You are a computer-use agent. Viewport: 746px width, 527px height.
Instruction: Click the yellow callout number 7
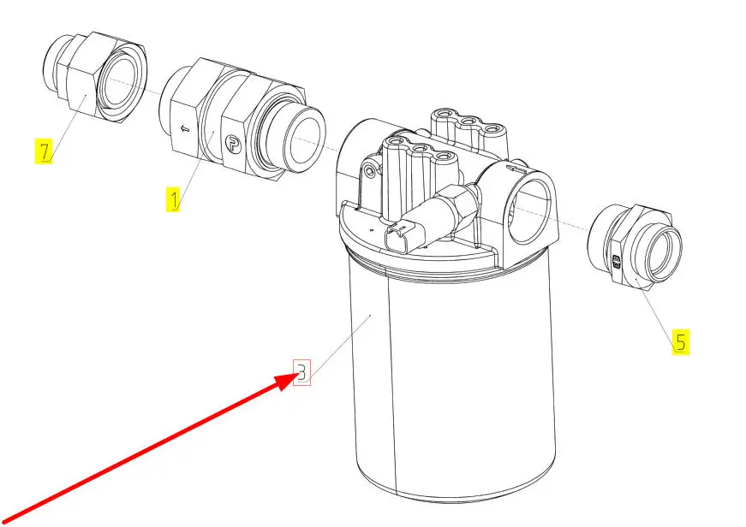click(x=44, y=151)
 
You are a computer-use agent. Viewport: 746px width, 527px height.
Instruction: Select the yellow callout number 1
click(x=173, y=199)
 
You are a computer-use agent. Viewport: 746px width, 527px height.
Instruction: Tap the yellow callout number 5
click(x=680, y=342)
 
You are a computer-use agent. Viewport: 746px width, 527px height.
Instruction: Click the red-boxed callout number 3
click(x=301, y=372)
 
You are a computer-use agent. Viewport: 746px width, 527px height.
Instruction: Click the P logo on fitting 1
click(x=233, y=144)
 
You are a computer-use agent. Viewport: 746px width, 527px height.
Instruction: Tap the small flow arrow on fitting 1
click(x=185, y=128)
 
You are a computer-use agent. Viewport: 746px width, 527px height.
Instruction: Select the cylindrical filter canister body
click(x=452, y=380)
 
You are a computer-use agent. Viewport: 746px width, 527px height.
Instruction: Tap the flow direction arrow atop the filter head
click(x=516, y=168)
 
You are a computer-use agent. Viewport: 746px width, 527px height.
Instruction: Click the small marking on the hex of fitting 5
click(x=616, y=262)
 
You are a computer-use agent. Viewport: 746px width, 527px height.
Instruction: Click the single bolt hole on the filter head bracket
click(x=371, y=172)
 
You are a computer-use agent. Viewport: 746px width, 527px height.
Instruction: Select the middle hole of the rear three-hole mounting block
click(x=469, y=121)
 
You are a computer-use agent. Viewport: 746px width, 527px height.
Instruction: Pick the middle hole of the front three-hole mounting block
click(x=421, y=149)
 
